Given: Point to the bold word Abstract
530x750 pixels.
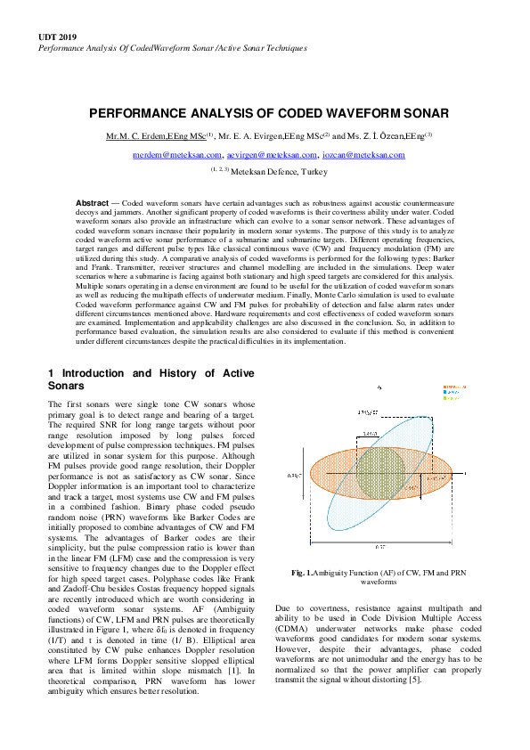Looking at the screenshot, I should [x=92, y=203].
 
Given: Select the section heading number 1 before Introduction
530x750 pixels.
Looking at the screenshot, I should [x=51, y=372].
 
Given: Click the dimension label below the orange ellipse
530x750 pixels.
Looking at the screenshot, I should [x=379, y=545].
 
